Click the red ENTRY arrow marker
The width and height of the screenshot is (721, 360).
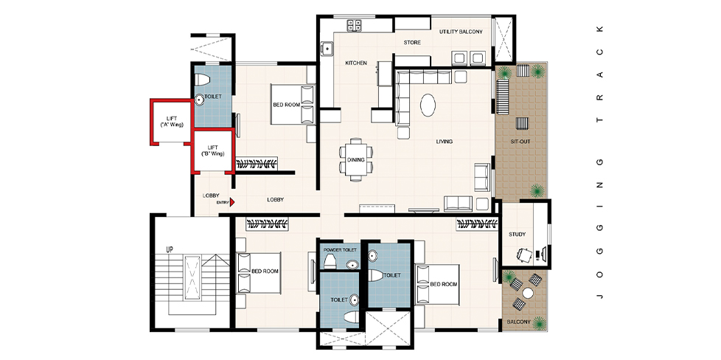click(232, 202)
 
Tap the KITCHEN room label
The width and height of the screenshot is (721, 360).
click(356, 63)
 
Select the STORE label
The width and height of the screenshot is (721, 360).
click(412, 42)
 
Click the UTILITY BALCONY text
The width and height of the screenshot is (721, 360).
click(461, 32)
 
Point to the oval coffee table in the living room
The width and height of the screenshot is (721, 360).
click(428, 105)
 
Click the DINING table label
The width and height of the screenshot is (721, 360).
click(356, 160)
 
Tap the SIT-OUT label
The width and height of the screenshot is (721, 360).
click(520, 142)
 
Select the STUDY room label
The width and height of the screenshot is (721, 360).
click(517, 235)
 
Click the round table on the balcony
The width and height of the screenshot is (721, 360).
click(527, 293)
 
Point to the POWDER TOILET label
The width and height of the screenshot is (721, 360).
click(340, 250)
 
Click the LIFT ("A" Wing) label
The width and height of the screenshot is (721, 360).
click(168, 122)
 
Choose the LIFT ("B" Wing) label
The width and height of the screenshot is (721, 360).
click(212, 150)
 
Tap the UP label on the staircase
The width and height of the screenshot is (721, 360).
click(170, 249)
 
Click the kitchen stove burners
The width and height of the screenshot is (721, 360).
click(354, 25)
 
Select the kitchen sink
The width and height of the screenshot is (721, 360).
click(327, 48)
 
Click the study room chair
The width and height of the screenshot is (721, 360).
click(523, 254)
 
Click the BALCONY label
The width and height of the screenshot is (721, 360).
click(519, 322)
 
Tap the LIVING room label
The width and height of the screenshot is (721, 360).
click(445, 142)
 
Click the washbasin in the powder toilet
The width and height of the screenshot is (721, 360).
click(352, 264)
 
